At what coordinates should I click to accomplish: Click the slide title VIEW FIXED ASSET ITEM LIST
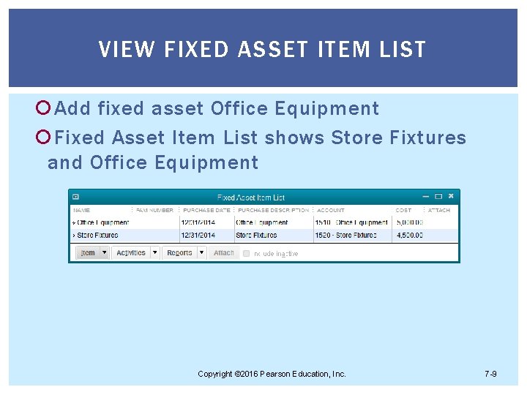(x=262, y=50)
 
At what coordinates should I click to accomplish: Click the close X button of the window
(x=451, y=196)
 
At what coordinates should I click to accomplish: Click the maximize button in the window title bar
(x=438, y=196)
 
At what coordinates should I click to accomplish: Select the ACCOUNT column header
(x=331, y=210)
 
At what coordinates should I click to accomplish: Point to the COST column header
(x=403, y=210)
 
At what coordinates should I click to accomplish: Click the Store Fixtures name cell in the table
(x=97, y=235)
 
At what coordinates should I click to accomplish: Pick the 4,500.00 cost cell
(x=409, y=235)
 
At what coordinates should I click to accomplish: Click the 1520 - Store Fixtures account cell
(x=345, y=235)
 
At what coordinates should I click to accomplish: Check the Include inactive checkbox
(x=247, y=253)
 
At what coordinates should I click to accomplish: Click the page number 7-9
(x=490, y=374)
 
